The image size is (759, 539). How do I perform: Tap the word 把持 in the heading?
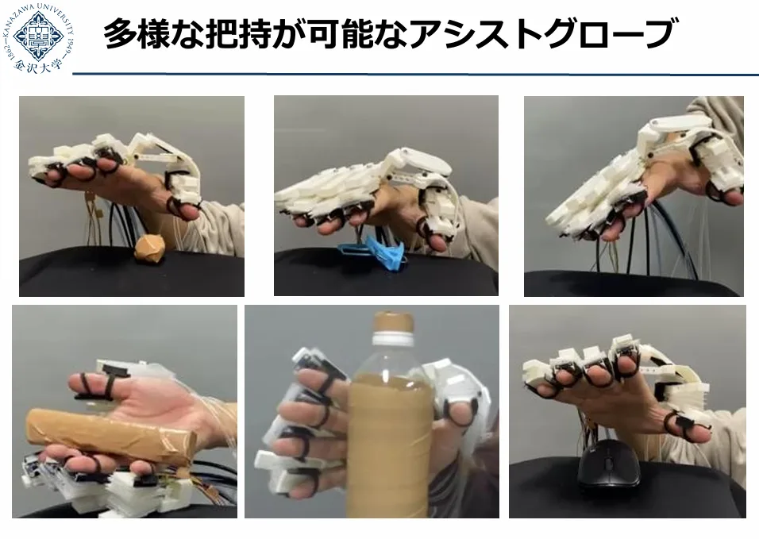point(238,34)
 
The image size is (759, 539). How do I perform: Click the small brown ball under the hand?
point(150,248)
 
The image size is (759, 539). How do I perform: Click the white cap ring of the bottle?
point(394,337)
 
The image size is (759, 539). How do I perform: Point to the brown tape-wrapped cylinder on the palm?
point(110,437)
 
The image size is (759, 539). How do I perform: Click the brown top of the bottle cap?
point(394,321)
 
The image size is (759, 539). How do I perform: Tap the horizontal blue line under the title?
point(416,75)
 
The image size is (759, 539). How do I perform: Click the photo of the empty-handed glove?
point(634,196)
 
